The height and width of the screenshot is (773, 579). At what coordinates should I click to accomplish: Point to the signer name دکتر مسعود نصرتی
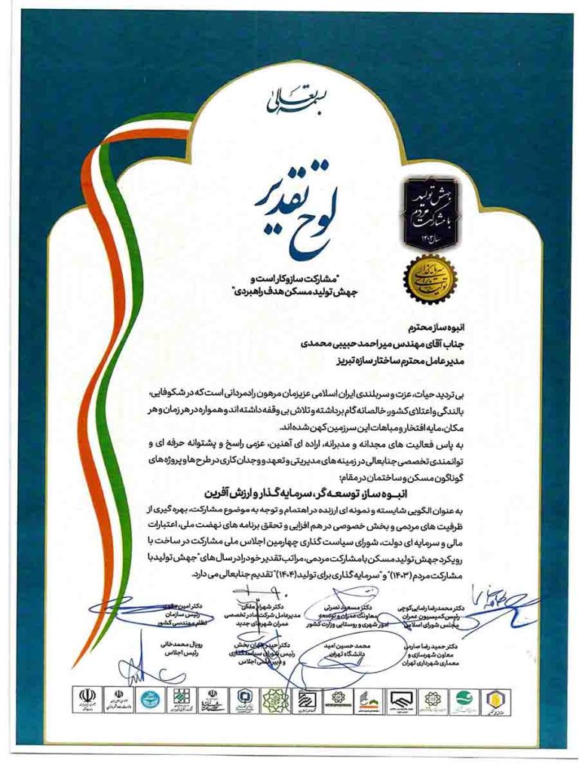click(x=346, y=606)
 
